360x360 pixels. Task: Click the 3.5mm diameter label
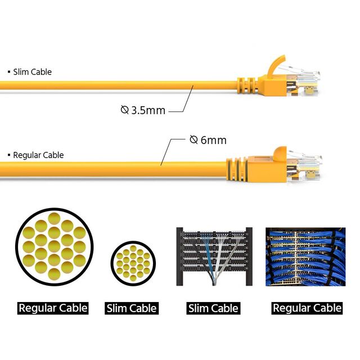click(143, 110)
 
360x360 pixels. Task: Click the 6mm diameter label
click(208, 140)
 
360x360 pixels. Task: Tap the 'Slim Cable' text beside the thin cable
click(33, 72)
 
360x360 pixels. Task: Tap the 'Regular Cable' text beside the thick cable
click(38, 155)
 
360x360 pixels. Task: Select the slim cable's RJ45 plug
click(303, 83)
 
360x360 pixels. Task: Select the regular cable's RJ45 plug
click(304, 166)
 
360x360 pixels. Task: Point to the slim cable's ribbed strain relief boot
click(247, 85)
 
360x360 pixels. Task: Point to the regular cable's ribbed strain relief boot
click(237, 169)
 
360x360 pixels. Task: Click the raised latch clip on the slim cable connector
click(276, 65)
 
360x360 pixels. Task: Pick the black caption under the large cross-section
click(53, 308)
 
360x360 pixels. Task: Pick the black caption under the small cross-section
click(132, 308)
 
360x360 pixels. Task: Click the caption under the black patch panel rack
click(213, 308)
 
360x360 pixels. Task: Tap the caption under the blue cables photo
click(307, 308)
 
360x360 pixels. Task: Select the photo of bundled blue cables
click(305, 256)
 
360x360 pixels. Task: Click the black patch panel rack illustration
click(214, 256)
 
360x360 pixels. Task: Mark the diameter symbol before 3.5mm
click(125, 110)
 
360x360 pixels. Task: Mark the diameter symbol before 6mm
click(193, 139)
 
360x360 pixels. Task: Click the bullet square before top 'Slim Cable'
click(9, 72)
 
